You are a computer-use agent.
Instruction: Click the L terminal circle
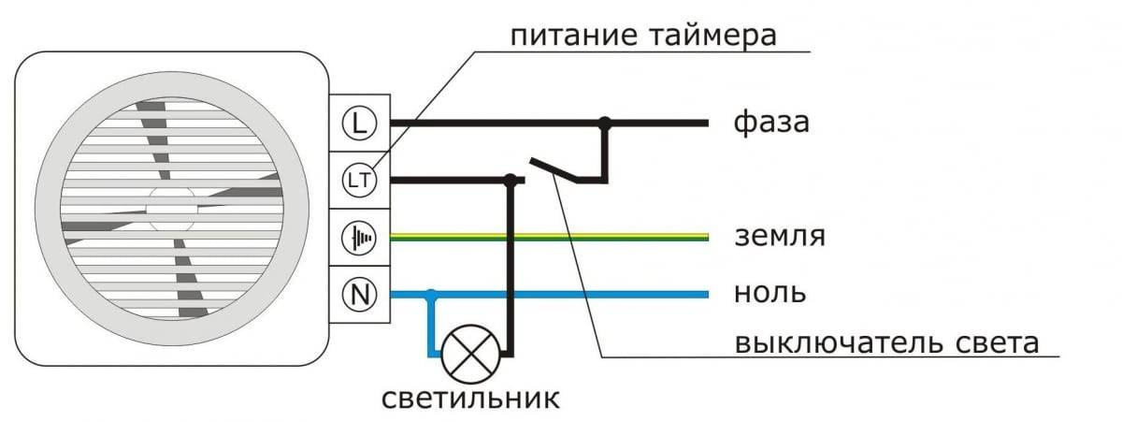[x=357, y=123]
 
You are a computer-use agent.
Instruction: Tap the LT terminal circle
[x=357, y=179]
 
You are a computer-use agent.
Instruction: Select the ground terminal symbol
[x=357, y=238]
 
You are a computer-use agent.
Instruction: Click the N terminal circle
[x=357, y=295]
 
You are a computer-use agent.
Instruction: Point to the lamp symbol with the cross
[x=469, y=355]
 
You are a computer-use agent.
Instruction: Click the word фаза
[x=771, y=123]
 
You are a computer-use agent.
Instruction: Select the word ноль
[x=770, y=294]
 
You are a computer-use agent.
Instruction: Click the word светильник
[x=470, y=400]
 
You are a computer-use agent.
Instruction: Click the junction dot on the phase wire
[x=605, y=122]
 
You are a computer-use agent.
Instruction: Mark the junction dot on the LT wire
[x=510, y=179]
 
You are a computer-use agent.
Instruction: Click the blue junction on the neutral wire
[x=431, y=295]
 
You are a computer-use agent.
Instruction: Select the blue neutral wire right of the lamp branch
[x=580, y=295]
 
